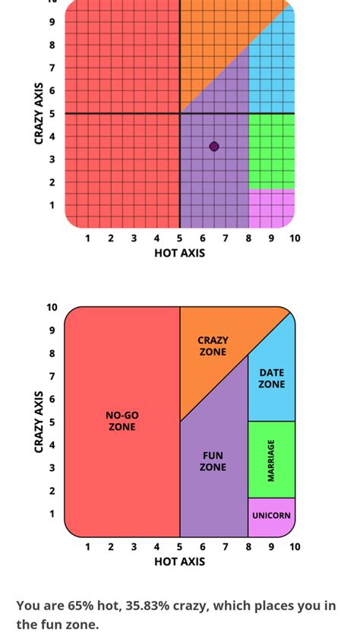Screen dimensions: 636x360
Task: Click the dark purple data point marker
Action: point(214,147)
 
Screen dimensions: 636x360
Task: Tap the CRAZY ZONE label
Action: point(213,346)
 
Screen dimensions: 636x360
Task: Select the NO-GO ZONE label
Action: point(122,421)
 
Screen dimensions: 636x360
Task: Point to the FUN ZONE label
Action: point(213,461)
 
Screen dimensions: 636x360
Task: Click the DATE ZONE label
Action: point(271,378)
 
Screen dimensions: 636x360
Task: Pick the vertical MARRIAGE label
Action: point(271,460)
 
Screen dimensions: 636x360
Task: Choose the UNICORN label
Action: point(271,516)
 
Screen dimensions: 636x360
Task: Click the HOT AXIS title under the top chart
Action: point(179,253)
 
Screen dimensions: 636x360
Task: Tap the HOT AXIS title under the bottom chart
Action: point(179,562)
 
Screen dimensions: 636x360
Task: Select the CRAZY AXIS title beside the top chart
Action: point(39,113)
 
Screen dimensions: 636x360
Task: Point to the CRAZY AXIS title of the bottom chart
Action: point(39,422)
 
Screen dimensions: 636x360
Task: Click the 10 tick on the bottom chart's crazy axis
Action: point(52,308)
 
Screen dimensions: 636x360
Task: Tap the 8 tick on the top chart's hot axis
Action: point(248,239)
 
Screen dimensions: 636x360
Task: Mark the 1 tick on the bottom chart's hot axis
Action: point(87,547)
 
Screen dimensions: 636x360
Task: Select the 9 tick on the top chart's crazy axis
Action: point(52,22)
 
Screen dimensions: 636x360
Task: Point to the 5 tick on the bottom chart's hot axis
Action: point(180,547)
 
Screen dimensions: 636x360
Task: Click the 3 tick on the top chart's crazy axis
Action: point(52,160)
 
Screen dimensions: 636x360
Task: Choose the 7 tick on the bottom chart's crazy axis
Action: point(52,376)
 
